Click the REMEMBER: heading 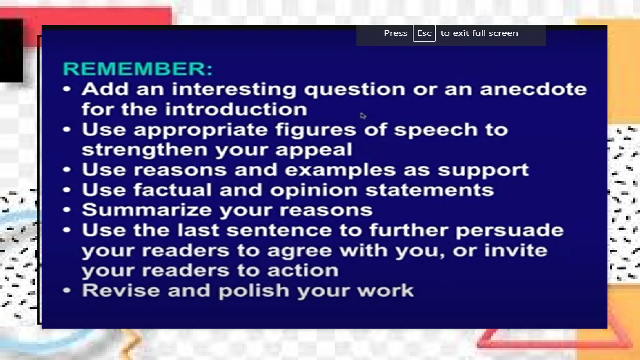point(137,68)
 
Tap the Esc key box point(424,33)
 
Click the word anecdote point(533,89)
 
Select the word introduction point(236,109)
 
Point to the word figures point(315,130)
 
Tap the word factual point(172,190)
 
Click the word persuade point(509,231)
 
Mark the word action point(302,271)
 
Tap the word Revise point(121,290)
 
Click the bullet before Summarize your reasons point(67,210)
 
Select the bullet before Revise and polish point(67,290)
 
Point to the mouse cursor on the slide point(362,116)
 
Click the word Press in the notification point(395,33)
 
